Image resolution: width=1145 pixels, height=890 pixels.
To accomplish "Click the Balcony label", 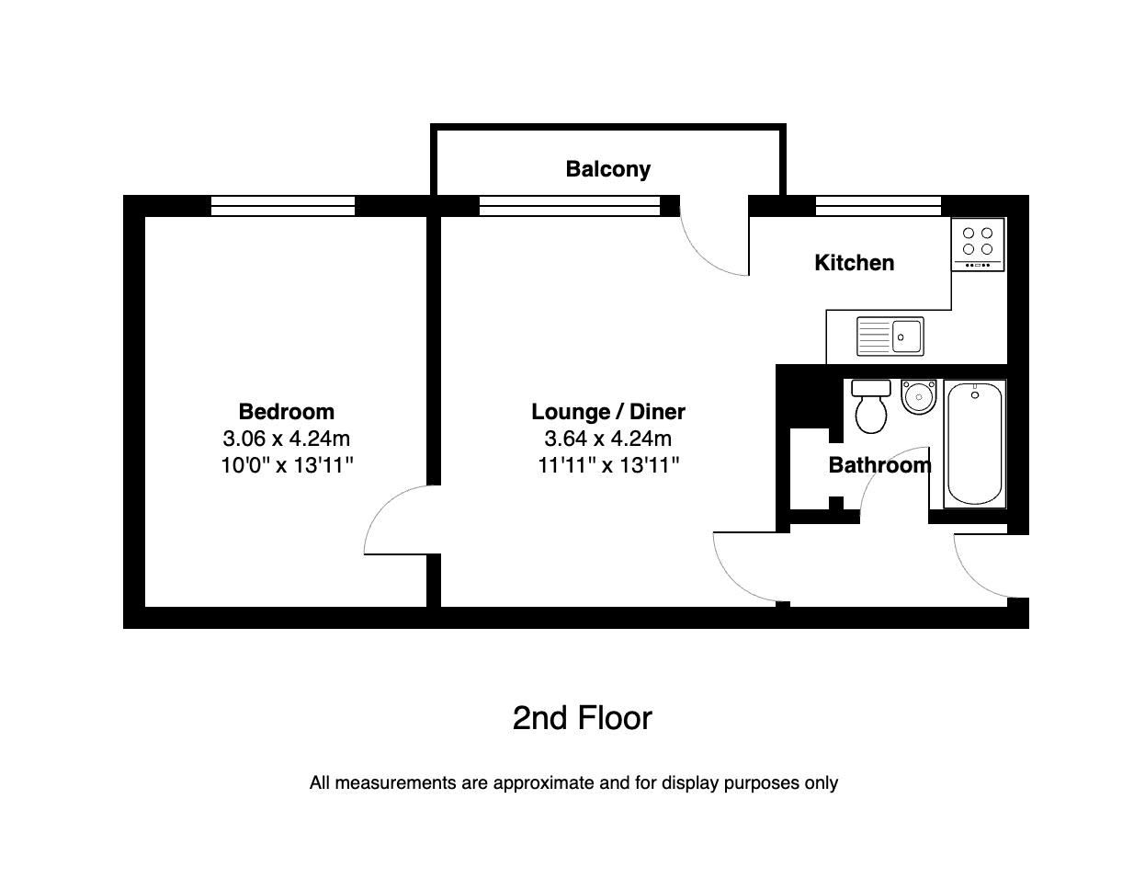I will pyautogui.click(x=607, y=169).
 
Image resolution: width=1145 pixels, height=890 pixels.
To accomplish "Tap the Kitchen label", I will pyautogui.click(x=854, y=263).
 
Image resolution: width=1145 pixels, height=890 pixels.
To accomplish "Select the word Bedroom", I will pyautogui.click(x=286, y=412).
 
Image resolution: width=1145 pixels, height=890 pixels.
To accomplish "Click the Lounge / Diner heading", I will pyautogui.click(x=608, y=412).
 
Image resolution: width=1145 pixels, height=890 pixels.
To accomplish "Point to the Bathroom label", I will pyautogui.click(x=879, y=465).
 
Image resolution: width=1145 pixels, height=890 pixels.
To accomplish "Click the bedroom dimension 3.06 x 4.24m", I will pyautogui.click(x=286, y=439).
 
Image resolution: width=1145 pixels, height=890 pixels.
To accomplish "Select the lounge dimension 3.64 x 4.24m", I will pyautogui.click(x=608, y=439).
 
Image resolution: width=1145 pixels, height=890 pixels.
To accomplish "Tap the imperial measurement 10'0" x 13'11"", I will pyautogui.click(x=286, y=465).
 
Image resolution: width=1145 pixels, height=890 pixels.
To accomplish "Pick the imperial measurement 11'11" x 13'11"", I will pyautogui.click(x=608, y=465).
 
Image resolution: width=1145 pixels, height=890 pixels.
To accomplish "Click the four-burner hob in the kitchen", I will pyautogui.click(x=978, y=245).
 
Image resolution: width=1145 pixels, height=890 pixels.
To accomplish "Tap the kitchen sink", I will pyautogui.click(x=890, y=337).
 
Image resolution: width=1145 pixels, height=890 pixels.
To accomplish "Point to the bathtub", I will pyautogui.click(x=975, y=443).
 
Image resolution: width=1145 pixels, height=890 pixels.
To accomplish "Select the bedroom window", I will pyautogui.click(x=282, y=206).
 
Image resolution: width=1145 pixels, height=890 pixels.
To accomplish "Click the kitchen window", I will pyautogui.click(x=878, y=206).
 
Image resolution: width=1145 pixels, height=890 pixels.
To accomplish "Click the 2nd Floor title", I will pyautogui.click(x=582, y=718).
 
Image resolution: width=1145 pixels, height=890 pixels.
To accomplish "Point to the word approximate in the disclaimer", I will pyautogui.click(x=539, y=783).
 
